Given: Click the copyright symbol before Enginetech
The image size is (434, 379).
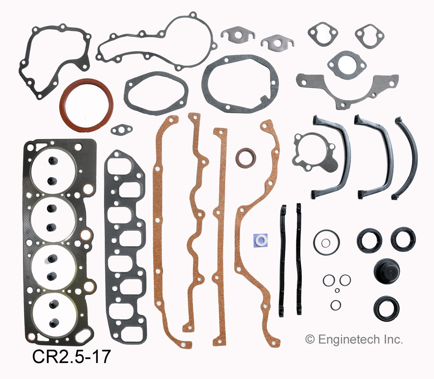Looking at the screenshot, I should [x=310, y=339].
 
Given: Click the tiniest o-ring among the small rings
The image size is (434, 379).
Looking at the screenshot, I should [x=337, y=290].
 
